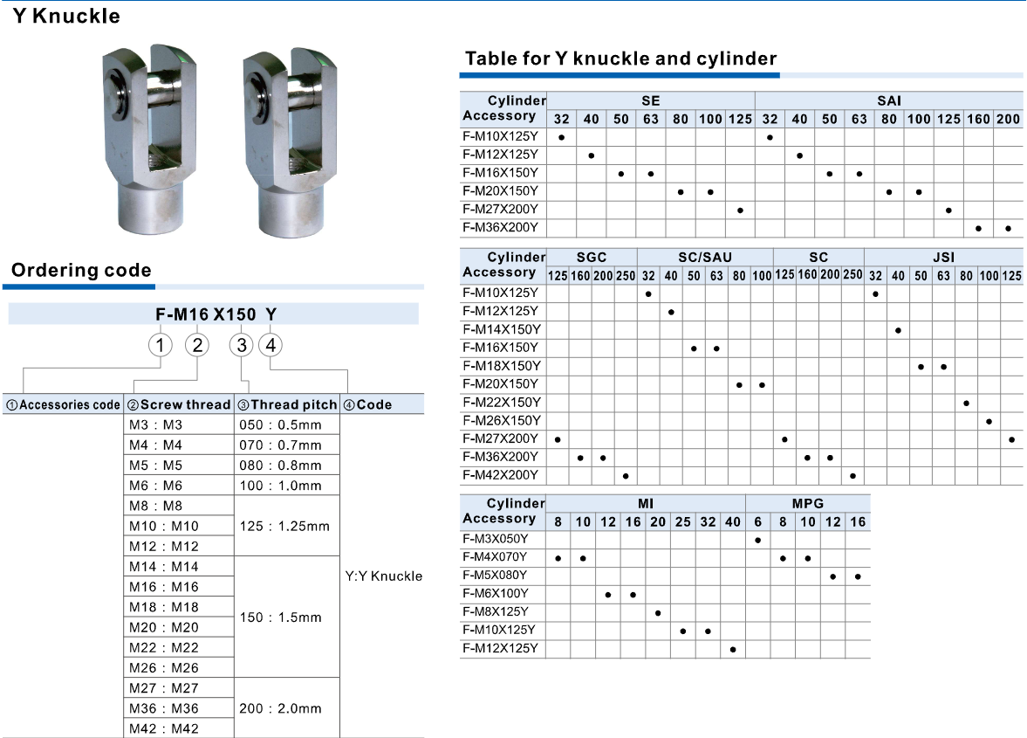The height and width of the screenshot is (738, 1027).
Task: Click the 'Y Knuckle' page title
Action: pyautogui.click(x=66, y=16)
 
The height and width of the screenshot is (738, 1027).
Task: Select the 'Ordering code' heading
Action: pyautogui.click(x=81, y=270)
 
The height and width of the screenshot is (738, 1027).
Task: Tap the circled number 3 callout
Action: pyautogui.click(x=243, y=345)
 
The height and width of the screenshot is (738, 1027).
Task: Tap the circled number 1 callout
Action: pyautogui.click(x=159, y=345)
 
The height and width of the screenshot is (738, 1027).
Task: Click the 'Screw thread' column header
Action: pyautogui.click(x=179, y=404)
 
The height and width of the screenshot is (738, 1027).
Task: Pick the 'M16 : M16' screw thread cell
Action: pyautogui.click(x=164, y=587)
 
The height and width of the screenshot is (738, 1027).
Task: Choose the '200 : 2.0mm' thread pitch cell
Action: pyautogui.click(x=280, y=708)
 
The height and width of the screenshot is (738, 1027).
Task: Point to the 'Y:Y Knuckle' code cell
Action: pyautogui.click(x=384, y=576)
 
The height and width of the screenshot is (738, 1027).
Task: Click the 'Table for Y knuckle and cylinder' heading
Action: pyautogui.click(x=620, y=59)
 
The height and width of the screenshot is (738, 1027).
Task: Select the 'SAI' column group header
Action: pyautogui.click(x=889, y=100)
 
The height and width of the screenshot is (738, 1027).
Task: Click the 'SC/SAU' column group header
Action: pyautogui.click(x=705, y=257)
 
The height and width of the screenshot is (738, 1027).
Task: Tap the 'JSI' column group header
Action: pyautogui.click(x=943, y=257)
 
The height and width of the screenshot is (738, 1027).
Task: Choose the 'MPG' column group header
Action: pyautogui.click(x=808, y=503)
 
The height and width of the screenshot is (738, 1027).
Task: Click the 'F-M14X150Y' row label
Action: pyautogui.click(x=502, y=329)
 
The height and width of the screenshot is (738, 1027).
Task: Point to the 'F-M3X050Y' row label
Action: pyautogui.click(x=498, y=539)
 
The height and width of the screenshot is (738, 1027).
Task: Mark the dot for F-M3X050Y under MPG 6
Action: pyautogui.click(x=758, y=540)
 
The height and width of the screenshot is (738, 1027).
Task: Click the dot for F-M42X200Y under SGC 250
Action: pyautogui.click(x=626, y=476)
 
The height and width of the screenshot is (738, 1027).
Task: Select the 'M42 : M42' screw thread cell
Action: pyautogui.click(x=164, y=728)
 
